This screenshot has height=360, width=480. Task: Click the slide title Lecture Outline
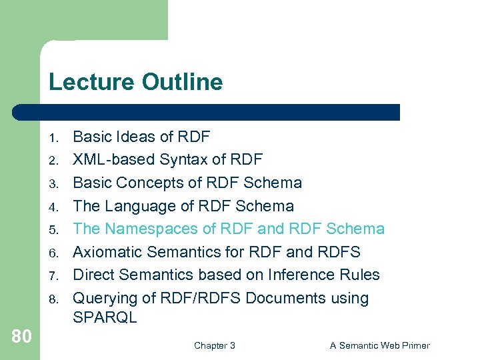tap(135, 82)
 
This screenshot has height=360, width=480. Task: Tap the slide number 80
tap(21, 337)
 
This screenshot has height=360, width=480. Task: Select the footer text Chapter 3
tap(214, 345)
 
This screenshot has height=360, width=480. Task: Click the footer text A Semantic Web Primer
tap(380, 345)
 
